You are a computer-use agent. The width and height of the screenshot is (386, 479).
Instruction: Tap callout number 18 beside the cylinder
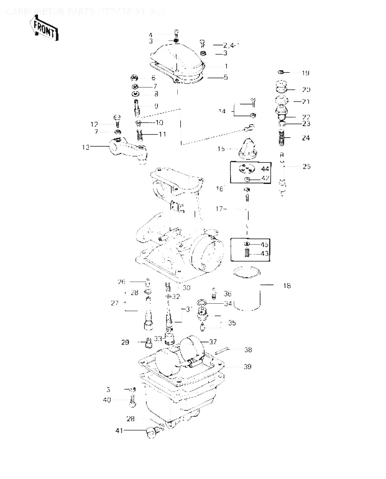click(x=287, y=285)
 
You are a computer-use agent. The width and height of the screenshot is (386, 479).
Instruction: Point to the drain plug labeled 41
click(x=151, y=432)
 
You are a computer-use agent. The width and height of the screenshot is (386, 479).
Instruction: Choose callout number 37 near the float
click(x=213, y=342)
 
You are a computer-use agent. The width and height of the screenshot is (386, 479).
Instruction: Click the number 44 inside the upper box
click(x=265, y=169)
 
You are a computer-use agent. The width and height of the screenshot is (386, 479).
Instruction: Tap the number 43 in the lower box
click(x=265, y=254)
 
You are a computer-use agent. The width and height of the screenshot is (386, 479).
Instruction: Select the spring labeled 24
click(x=282, y=138)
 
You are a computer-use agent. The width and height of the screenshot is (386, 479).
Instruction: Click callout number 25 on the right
click(x=306, y=166)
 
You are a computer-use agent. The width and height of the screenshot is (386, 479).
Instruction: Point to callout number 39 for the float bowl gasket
click(x=247, y=367)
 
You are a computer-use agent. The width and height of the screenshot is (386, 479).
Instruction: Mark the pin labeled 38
click(x=222, y=351)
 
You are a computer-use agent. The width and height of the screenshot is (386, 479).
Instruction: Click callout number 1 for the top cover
click(x=226, y=66)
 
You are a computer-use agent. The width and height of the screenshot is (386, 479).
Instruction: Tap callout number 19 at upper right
click(x=305, y=73)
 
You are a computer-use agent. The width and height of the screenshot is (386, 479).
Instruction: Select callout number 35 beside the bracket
click(x=232, y=323)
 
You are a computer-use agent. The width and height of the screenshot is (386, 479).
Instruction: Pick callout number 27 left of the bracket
click(x=115, y=303)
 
